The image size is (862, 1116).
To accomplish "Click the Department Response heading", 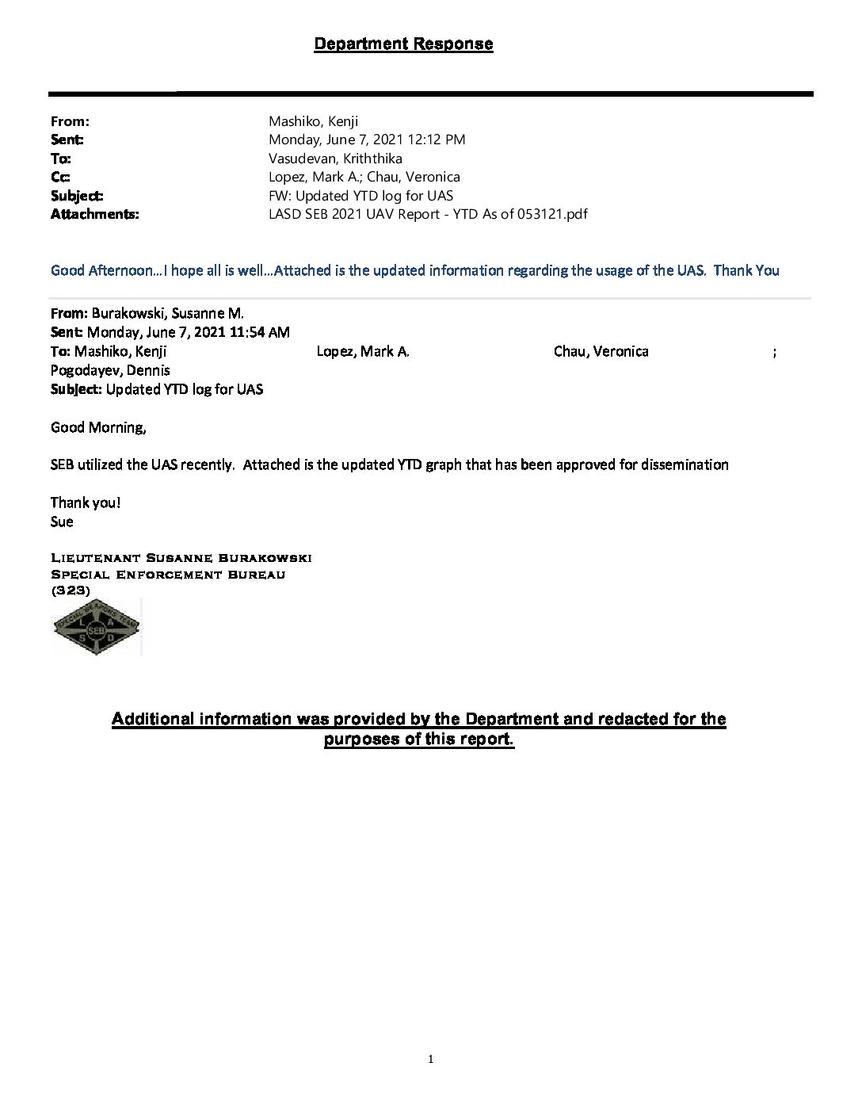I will tap(403, 44).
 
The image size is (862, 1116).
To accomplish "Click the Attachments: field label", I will tap(94, 214).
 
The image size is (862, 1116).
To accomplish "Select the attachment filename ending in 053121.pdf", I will tap(428, 214).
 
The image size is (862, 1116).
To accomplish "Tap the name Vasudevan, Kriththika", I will tap(335, 158).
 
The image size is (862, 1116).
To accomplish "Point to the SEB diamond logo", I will tap(97, 627).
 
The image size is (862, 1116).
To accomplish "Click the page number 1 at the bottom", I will tap(431, 1059).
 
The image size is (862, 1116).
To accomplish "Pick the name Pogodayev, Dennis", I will tap(110, 370).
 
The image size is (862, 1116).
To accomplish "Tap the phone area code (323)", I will tap(71, 590).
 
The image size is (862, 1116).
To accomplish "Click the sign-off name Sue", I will tap(62, 522).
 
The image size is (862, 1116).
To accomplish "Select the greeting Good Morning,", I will tap(98, 427).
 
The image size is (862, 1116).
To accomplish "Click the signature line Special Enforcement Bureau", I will tap(168, 575).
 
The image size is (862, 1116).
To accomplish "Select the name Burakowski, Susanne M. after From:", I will tap(170, 313).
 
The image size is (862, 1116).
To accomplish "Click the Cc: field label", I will tap(60, 177).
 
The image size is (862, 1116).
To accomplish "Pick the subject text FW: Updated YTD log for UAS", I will tap(360, 196).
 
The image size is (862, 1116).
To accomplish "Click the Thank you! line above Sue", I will tap(85, 503).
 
